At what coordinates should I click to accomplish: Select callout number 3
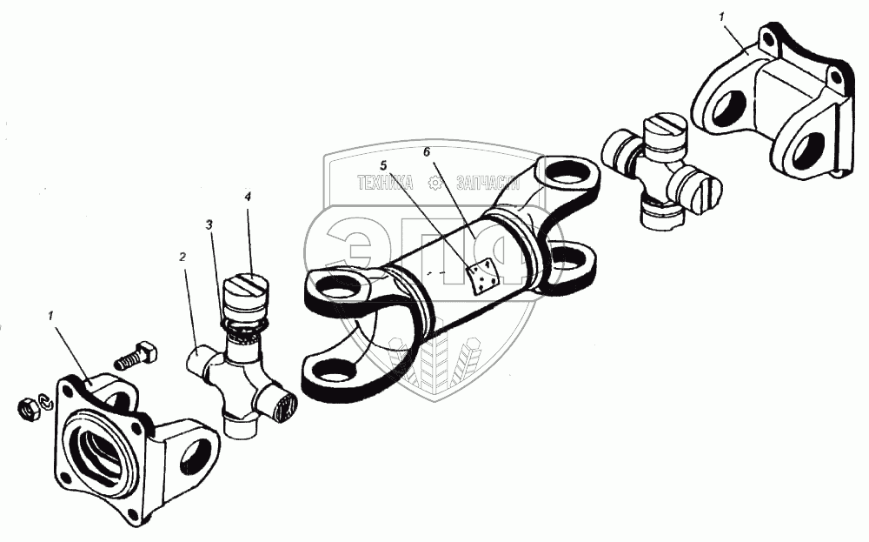point(209,224)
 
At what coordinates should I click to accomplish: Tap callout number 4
point(248,197)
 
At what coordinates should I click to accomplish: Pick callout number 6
point(427,151)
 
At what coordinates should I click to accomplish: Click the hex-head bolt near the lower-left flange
point(134,356)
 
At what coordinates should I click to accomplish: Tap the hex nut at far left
point(29,407)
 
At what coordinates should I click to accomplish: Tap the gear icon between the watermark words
point(435,183)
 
